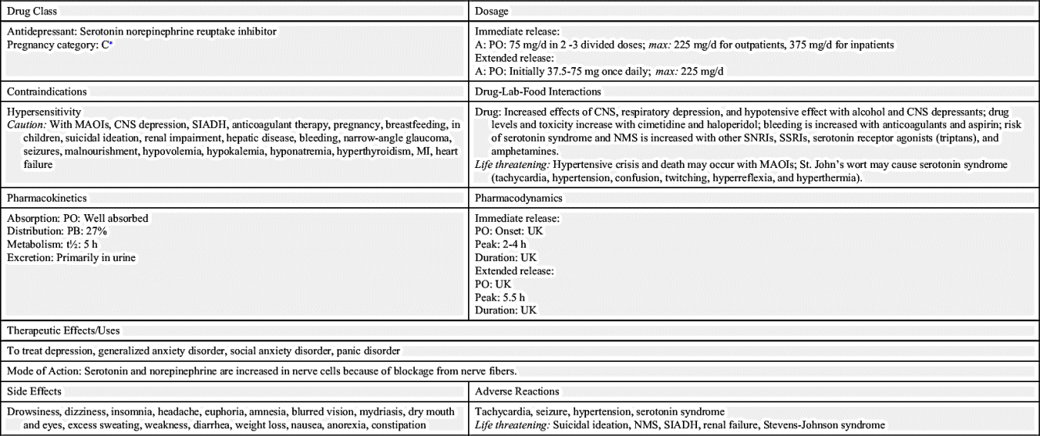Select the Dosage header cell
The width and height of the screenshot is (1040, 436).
[492, 12]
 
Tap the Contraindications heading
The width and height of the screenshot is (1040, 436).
[47, 91]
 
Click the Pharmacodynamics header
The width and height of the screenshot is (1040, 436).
[519, 198]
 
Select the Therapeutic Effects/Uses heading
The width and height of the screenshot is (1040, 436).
[66, 331]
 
